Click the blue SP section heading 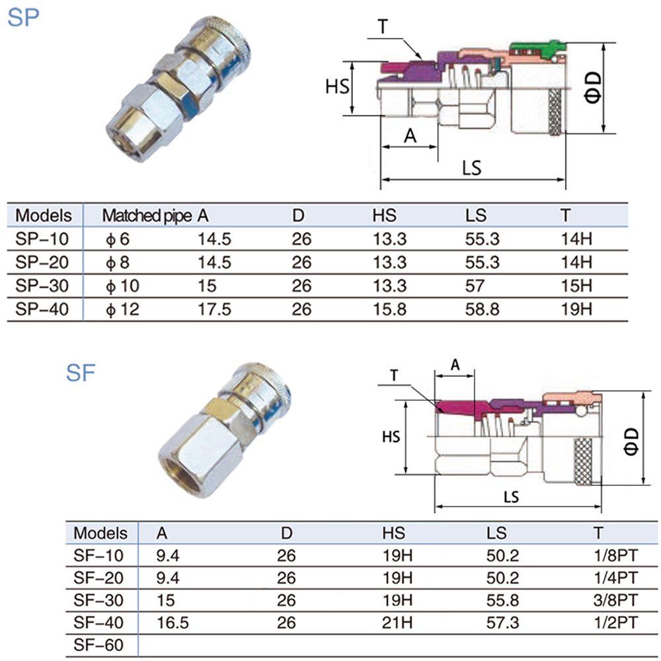click(23, 17)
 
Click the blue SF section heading click(81, 373)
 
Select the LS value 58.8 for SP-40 click(482, 309)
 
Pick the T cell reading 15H click(576, 286)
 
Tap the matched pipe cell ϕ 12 click(122, 310)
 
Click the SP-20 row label click(42, 262)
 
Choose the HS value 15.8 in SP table click(389, 309)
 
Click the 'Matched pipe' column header click(147, 216)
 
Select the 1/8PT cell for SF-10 click(615, 556)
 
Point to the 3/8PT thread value click(615, 600)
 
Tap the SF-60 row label click(98, 645)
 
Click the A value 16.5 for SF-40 click(173, 623)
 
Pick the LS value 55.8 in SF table click(502, 600)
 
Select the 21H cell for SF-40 click(397, 623)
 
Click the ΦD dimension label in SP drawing click(592, 88)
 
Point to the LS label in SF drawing click(511, 497)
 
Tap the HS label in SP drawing click(337, 87)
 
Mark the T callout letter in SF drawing click(394, 375)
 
